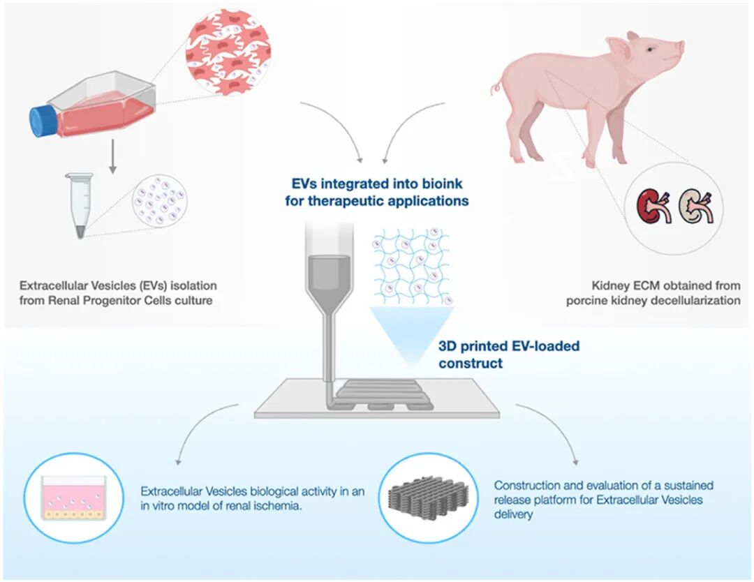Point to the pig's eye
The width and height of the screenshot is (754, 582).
pyautogui.click(x=650, y=50)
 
